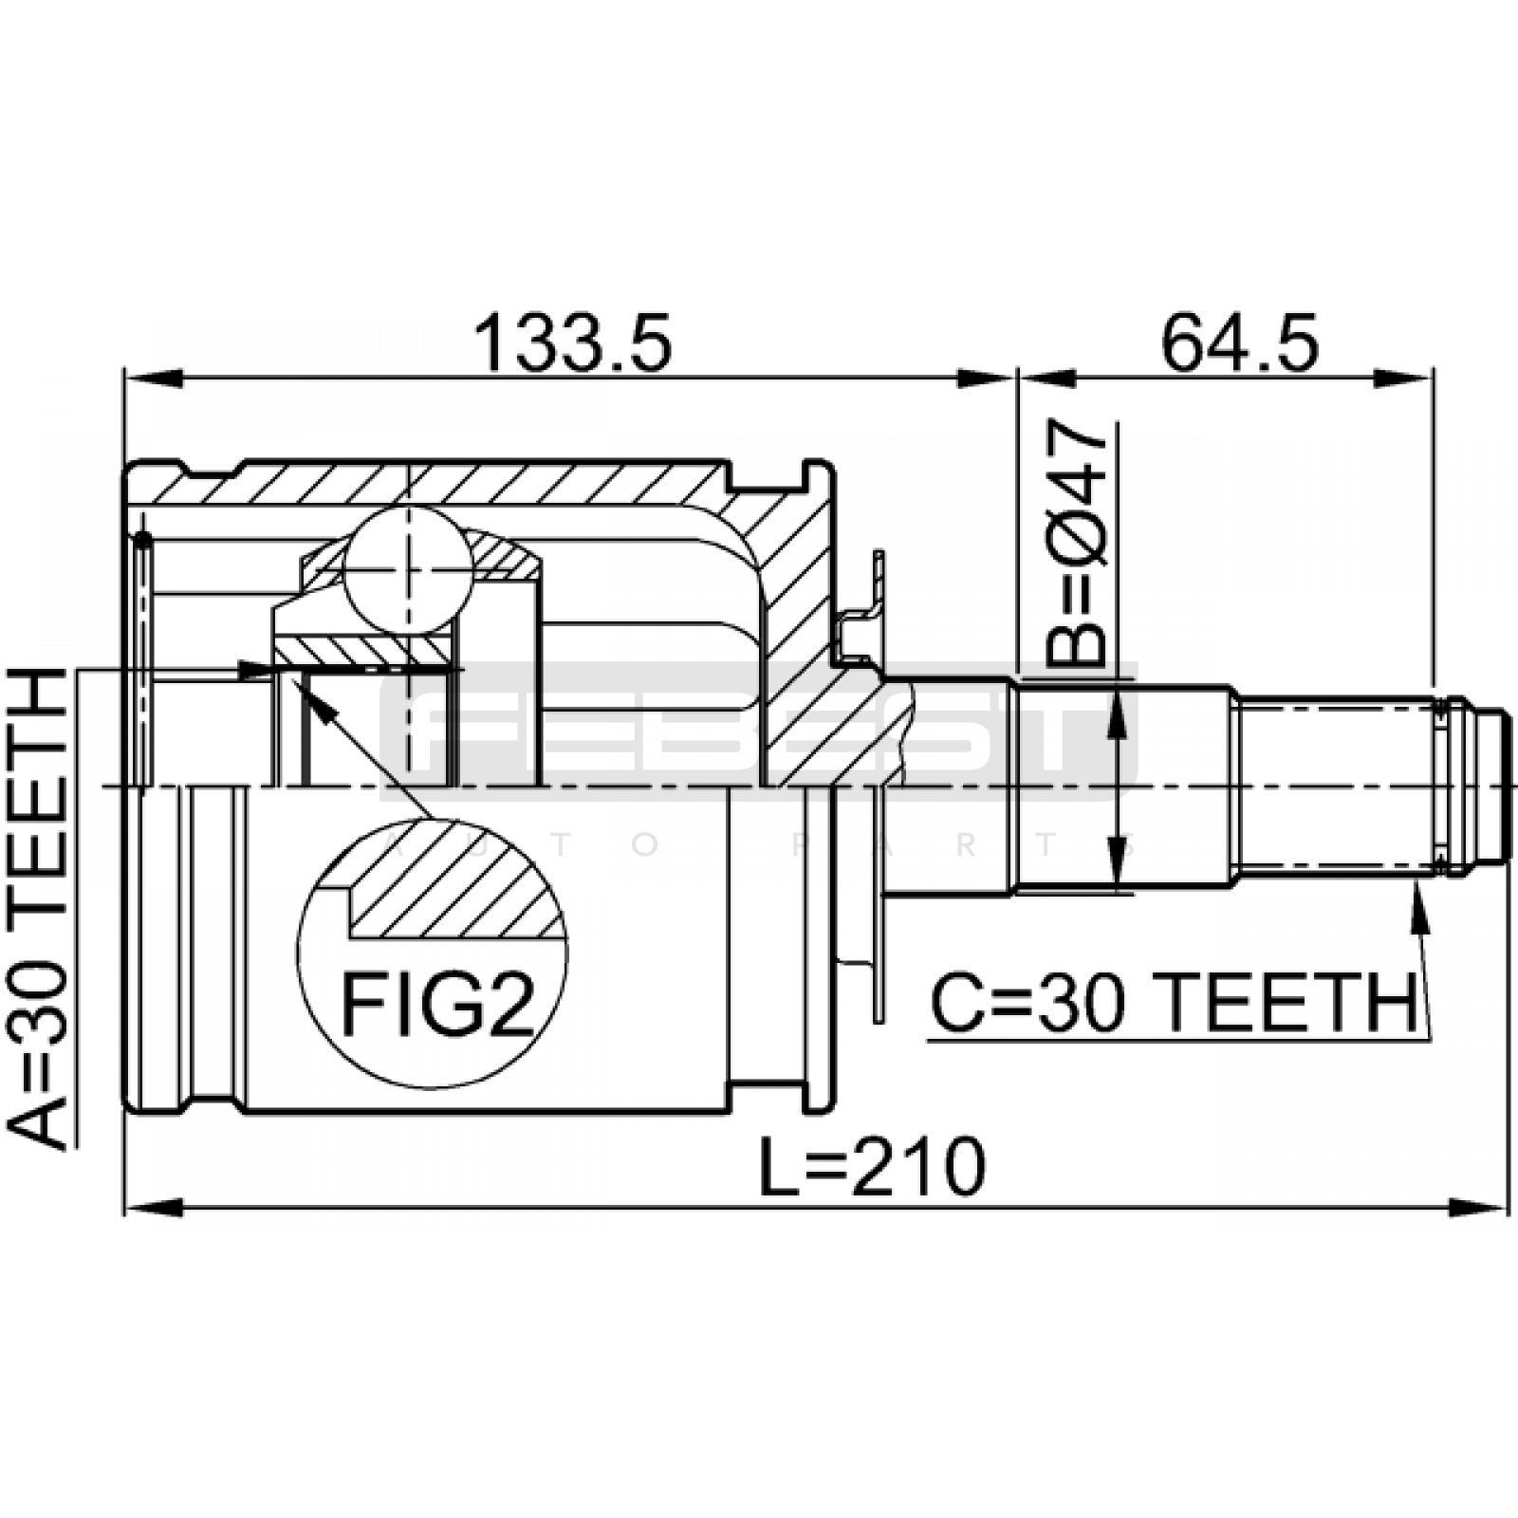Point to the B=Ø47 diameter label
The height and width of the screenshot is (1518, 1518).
[x=1078, y=544]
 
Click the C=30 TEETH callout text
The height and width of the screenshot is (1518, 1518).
[x=1174, y=1004]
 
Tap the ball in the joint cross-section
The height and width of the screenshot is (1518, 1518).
[x=408, y=569]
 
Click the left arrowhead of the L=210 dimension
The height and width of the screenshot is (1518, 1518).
[x=152, y=1208]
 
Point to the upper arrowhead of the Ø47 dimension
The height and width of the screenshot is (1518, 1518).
[x=1121, y=712]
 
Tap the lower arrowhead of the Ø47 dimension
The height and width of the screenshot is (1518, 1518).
[x=1121, y=862]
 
